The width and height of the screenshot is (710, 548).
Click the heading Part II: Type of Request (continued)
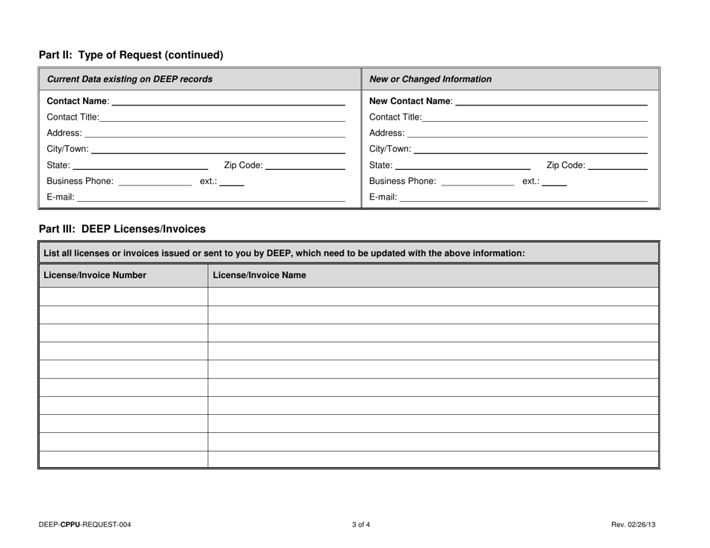pyautogui.click(x=131, y=55)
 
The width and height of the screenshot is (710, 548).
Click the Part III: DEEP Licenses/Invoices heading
pyautogui.click(x=122, y=228)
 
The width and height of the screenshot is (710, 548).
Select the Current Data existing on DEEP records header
pyautogui.click(x=129, y=79)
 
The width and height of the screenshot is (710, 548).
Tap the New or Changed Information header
pyautogui.click(x=430, y=79)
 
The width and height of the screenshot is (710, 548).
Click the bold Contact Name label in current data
pyautogui.click(x=78, y=101)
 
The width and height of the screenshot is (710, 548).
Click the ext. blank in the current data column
pyautogui.click(x=232, y=182)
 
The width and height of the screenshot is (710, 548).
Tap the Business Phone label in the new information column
pyautogui.click(x=403, y=181)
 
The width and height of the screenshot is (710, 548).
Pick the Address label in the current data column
pyautogui.click(x=64, y=133)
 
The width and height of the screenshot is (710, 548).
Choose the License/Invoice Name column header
pyautogui.click(x=259, y=276)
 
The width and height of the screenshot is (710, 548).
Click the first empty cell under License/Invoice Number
pyautogui.click(x=123, y=297)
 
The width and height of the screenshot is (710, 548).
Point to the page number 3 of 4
pyautogui.click(x=361, y=525)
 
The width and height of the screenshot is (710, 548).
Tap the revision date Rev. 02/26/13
pyautogui.click(x=633, y=525)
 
